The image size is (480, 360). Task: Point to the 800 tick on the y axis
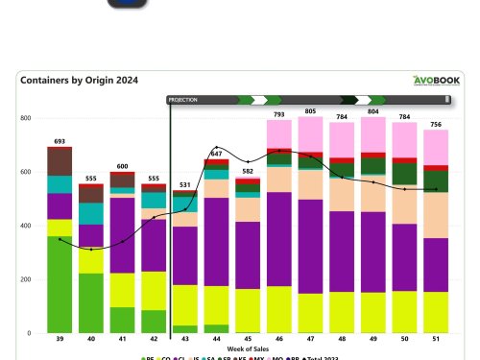[x=25, y=118]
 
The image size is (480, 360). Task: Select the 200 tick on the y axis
[x=25, y=279]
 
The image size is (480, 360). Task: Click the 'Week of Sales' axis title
[x=247, y=348]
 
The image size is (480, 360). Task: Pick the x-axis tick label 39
[x=60, y=340]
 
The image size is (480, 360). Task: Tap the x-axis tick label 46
[x=279, y=340]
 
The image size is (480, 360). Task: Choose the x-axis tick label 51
[x=437, y=340]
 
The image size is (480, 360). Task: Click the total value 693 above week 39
[x=60, y=141]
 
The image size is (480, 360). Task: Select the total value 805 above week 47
[x=310, y=111]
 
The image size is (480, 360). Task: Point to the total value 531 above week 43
[x=184, y=184]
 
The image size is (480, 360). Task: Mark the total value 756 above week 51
[x=437, y=124]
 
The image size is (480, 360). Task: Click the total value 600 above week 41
[x=122, y=166]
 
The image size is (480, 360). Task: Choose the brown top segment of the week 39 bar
[x=60, y=161]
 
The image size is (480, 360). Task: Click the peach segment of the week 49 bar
[x=373, y=195]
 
